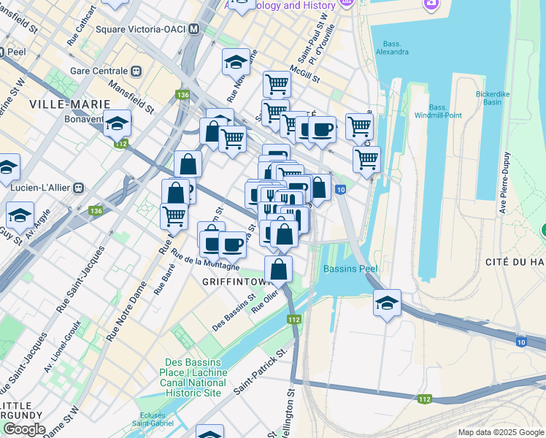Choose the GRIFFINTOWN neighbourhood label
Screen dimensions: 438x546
[x=237, y=280]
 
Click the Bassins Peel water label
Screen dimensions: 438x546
[x=350, y=269]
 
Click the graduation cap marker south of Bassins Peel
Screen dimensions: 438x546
[x=387, y=304]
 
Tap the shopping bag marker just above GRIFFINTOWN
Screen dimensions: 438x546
[x=279, y=269]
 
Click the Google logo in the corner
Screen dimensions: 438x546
[x=23, y=429]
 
